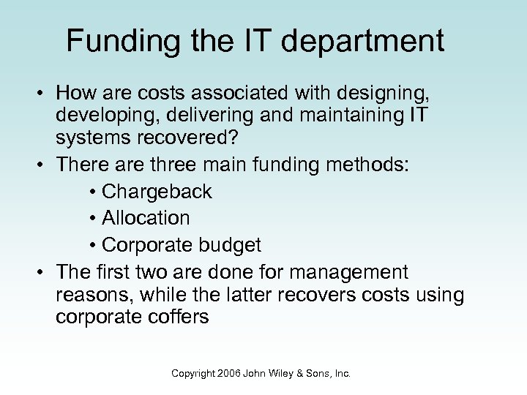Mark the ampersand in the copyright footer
tap(302, 373)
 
